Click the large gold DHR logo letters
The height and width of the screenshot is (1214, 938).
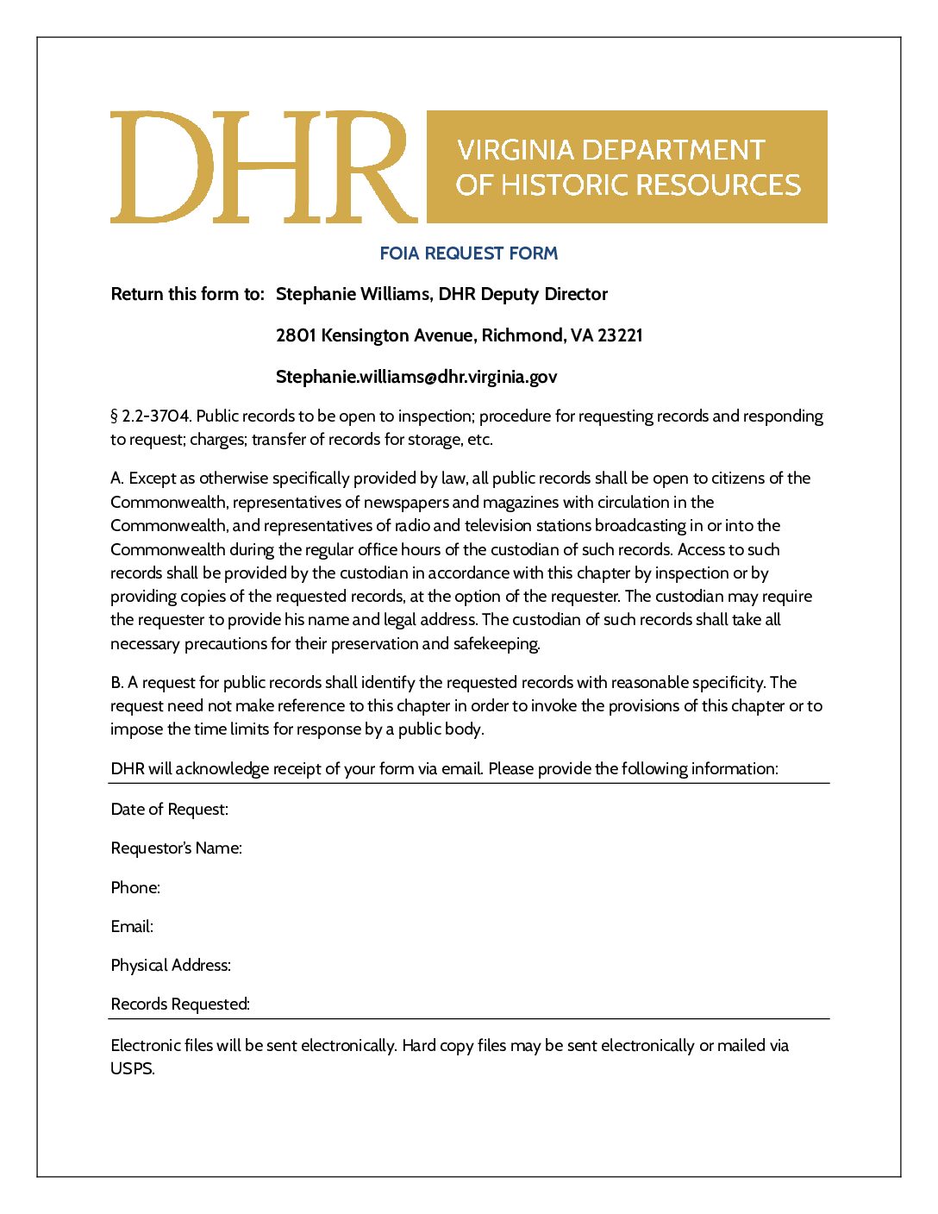tap(263, 167)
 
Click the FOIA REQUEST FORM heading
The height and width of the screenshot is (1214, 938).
tap(468, 253)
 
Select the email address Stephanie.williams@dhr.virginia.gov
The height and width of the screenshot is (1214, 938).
tap(416, 377)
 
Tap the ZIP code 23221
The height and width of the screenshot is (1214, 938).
tap(620, 335)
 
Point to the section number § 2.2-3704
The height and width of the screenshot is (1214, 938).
tap(150, 416)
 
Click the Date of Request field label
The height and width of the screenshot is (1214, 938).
tap(170, 810)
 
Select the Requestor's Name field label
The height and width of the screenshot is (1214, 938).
tap(176, 848)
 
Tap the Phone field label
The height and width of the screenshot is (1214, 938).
tap(135, 888)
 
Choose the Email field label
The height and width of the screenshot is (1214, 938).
tap(132, 927)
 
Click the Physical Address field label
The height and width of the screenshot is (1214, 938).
tap(171, 966)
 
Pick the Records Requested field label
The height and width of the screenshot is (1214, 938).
tap(180, 1004)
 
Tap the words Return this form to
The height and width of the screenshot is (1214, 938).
tap(187, 294)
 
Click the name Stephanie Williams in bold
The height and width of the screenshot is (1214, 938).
tap(353, 294)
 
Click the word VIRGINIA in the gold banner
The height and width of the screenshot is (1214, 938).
tap(516, 150)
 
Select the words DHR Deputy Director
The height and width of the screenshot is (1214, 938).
tap(523, 294)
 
